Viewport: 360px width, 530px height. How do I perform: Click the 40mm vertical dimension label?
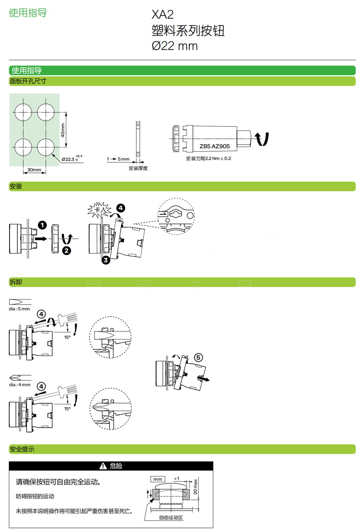pyautogui.click(x=63, y=130)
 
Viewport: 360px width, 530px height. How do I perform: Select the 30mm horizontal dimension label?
pyautogui.click(x=34, y=170)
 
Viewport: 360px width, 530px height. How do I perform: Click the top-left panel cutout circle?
pyautogui.click(x=23, y=112)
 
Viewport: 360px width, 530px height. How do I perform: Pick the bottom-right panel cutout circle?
pyautogui.click(x=46, y=147)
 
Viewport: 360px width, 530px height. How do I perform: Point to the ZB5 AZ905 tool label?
pyautogui.click(x=214, y=146)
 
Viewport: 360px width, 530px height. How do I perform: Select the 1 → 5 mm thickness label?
pyautogui.click(x=118, y=159)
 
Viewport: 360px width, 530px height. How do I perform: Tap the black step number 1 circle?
pyautogui.click(x=42, y=225)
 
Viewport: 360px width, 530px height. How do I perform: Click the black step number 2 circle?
pyautogui.click(x=66, y=251)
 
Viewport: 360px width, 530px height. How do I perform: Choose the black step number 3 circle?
pyautogui.click(x=105, y=260)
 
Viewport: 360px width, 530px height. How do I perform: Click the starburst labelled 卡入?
pyautogui.click(x=99, y=210)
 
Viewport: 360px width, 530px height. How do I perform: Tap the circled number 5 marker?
pyautogui.click(x=198, y=358)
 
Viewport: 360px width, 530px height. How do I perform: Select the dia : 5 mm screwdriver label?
pyautogui.click(x=19, y=309)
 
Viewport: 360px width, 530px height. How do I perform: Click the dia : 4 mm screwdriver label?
pyautogui.click(x=20, y=385)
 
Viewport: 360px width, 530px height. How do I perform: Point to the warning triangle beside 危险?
pyautogui.click(x=103, y=466)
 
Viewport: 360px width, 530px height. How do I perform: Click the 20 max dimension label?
pyautogui.click(x=195, y=487)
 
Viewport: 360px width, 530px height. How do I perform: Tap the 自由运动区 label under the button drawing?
pyautogui.click(x=171, y=518)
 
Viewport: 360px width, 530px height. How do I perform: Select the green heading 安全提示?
pyautogui.click(x=22, y=449)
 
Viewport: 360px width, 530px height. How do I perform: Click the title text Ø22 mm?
pyautogui.click(x=175, y=46)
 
